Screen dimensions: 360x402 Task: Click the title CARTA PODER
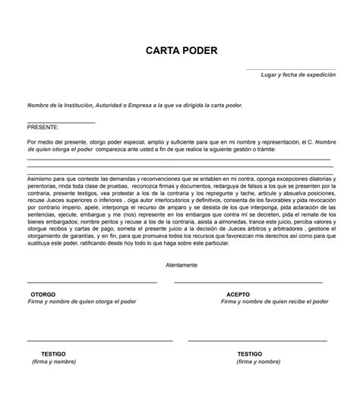182,51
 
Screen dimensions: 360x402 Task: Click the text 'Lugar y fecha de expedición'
298,75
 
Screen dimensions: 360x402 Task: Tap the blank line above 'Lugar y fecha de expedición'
290,69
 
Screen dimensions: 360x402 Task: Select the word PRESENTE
42,128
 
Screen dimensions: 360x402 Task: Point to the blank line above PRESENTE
61,122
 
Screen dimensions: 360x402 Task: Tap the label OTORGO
43,294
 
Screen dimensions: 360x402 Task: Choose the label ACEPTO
238,294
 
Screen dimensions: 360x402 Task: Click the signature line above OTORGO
91,283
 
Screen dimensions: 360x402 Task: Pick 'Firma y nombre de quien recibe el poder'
274,302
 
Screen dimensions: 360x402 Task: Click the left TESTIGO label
53,354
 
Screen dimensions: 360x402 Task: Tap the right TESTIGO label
250,354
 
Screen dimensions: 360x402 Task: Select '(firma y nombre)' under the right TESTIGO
257,362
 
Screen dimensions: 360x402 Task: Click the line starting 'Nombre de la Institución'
135,105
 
